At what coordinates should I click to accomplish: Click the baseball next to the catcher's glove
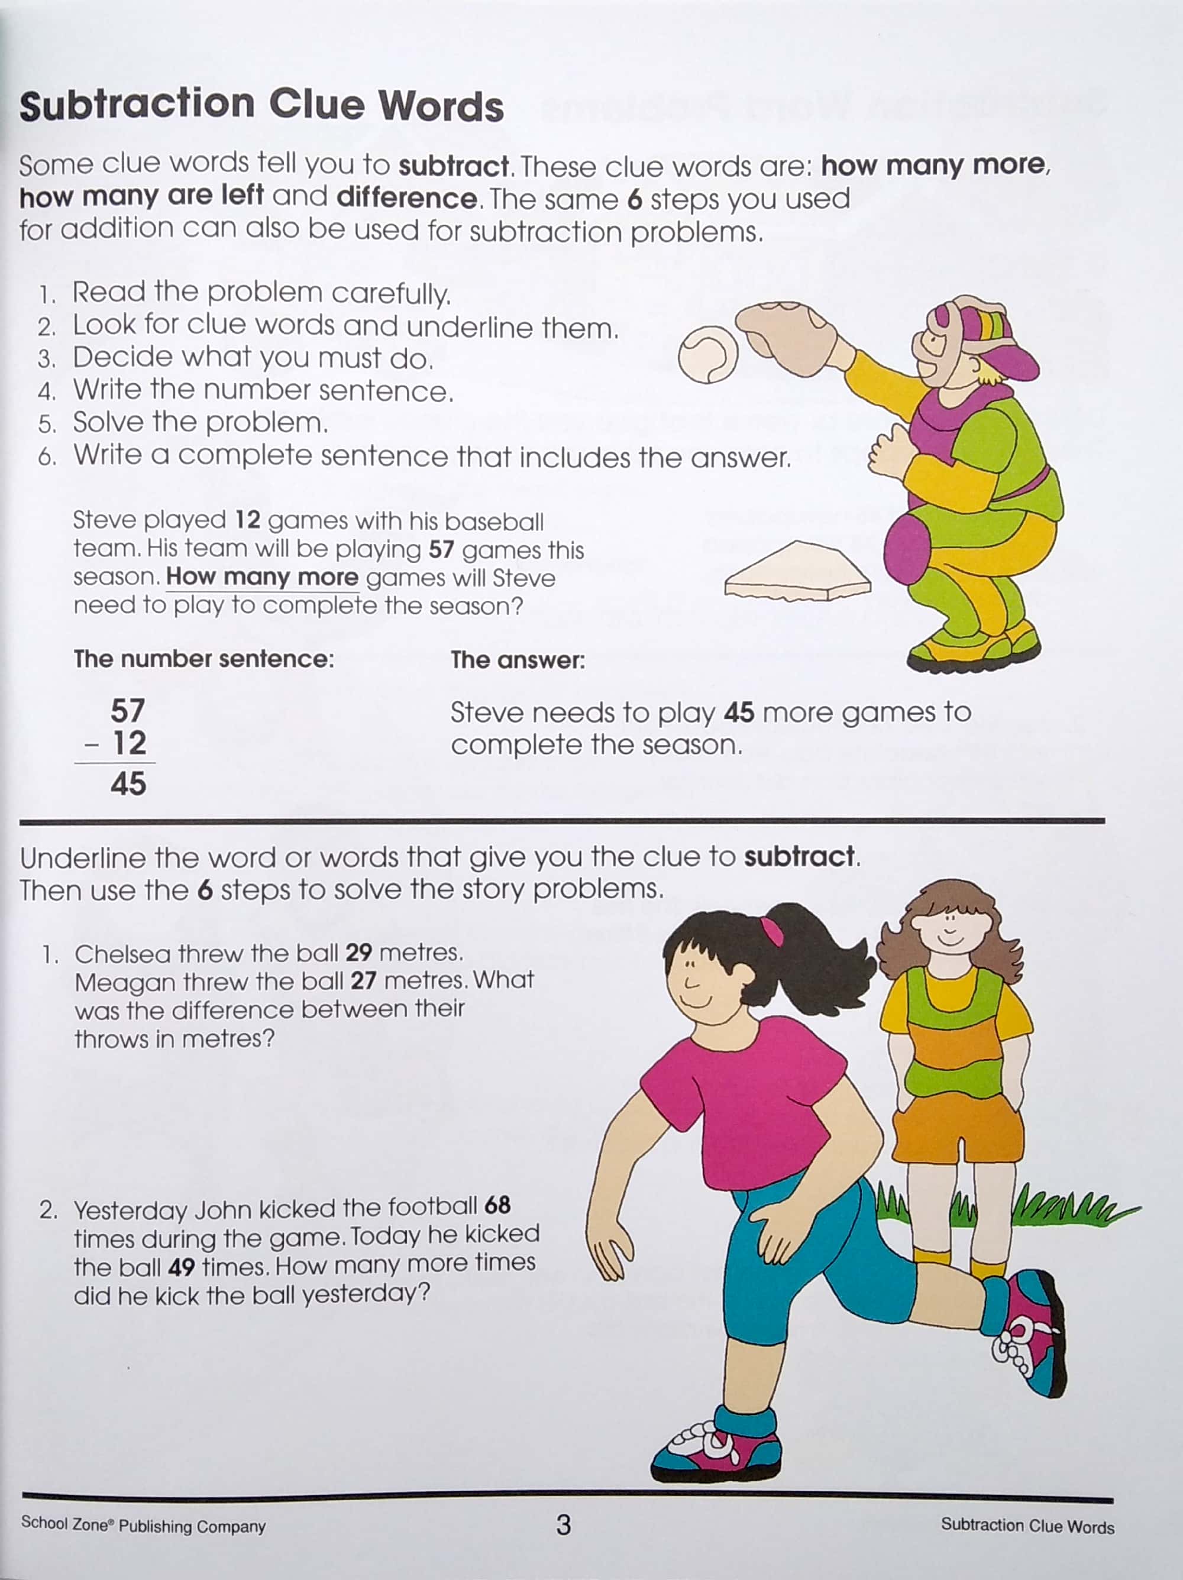pos(707,354)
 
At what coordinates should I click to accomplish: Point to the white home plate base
pos(797,571)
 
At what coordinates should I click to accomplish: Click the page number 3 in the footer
pos(563,1524)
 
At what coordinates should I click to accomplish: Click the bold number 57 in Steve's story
pos(441,549)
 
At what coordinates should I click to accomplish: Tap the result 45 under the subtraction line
pos(128,783)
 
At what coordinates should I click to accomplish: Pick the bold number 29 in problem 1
pos(358,952)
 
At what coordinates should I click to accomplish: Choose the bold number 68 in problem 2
pos(497,1206)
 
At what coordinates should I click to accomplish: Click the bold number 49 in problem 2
pos(182,1267)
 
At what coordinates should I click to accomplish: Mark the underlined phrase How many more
pos(262,577)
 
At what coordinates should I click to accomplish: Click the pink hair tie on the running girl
pos(771,931)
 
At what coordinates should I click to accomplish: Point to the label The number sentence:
pos(203,659)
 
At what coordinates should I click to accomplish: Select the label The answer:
pos(517,660)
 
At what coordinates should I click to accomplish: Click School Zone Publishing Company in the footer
pos(143,1525)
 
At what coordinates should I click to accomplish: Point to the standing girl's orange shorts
pos(957,1129)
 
